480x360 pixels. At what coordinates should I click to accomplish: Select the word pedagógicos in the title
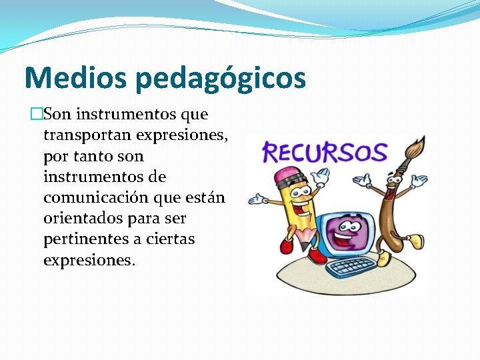(220, 79)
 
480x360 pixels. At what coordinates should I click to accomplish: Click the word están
(206, 198)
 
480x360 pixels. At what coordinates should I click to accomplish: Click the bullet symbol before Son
(37, 115)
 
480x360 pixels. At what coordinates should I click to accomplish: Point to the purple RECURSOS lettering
(325, 152)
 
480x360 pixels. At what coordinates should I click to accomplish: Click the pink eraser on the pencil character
(288, 177)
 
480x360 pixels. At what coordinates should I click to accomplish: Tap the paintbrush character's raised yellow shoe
(415, 239)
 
